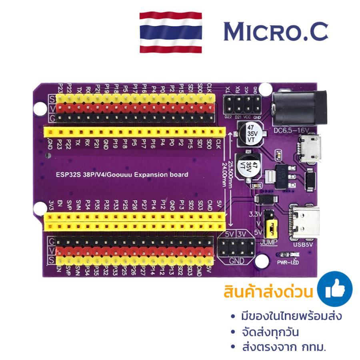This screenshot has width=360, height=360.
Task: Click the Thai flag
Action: [171, 33]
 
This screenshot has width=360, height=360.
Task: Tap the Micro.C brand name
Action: [276, 32]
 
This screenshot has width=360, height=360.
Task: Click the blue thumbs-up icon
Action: [334, 289]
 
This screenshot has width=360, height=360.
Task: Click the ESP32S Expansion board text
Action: [122, 175]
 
